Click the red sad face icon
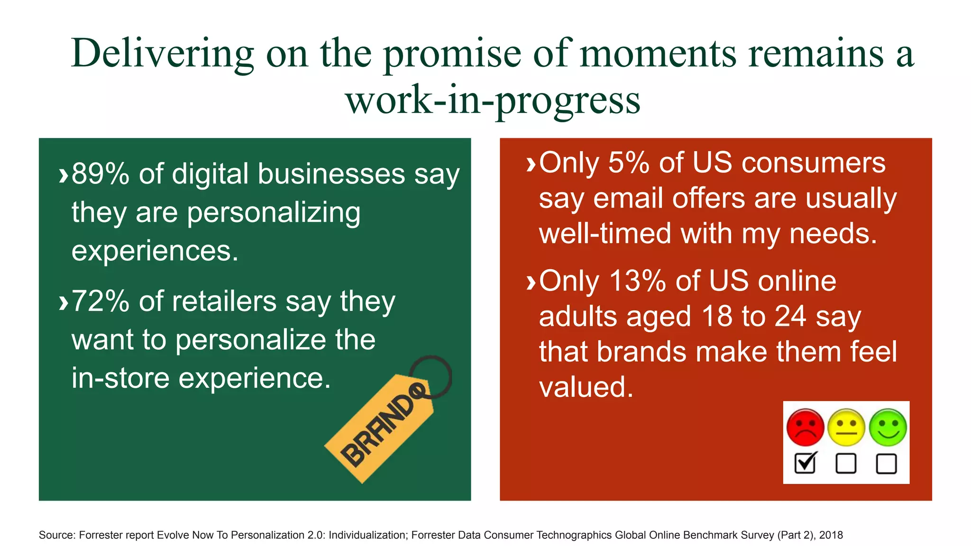pyautogui.click(x=805, y=427)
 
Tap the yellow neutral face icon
pyautogui.click(x=846, y=427)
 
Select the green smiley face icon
pyautogui.click(x=888, y=427)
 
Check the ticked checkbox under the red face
pyautogui.click(x=805, y=463)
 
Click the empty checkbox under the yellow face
pyautogui.click(x=846, y=463)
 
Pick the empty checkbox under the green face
pyautogui.click(x=886, y=463)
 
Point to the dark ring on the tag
pyautogui.click(x=431, y=377)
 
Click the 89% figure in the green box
pyautogui.click(x=100, y=174)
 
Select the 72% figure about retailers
pyautogui.click(x=100, y=301)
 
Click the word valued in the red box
pyautogui.click(x=586, y=387)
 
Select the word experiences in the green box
pyautogui.click(x=154, y=250)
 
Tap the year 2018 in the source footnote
pyautogui.click(x=831, y=535)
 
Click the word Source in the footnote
pyautogui.click(x=56, y=535)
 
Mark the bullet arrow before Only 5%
pyautogui.click(x=531, y=164)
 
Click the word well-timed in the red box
pyautogui.click(x=605, y=234)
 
